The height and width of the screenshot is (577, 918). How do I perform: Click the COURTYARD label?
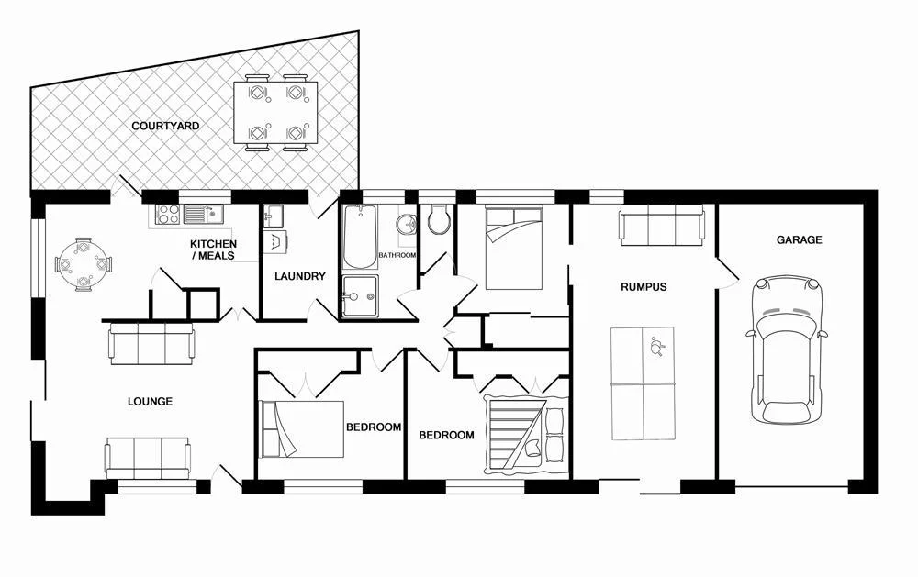click(165, 126)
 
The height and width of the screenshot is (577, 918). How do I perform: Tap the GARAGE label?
click(799, 240)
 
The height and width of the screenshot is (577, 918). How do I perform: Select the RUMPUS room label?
click(643, 287)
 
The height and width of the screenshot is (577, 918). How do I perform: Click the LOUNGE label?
click(149, 402)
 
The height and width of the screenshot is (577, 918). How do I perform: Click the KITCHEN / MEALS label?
click(213, 250)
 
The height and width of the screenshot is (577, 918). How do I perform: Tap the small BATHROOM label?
click(397, 255)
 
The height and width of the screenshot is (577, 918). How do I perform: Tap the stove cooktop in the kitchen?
click(168, 215)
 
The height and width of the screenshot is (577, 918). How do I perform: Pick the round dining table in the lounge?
click(84, 264)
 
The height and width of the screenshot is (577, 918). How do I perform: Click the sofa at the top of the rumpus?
click(662, 225)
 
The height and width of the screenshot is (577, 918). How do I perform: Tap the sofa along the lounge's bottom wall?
click(148, 456)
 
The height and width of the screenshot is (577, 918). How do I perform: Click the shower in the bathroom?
click(359, 295)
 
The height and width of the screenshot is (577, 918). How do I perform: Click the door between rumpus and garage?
click(725, 273)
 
